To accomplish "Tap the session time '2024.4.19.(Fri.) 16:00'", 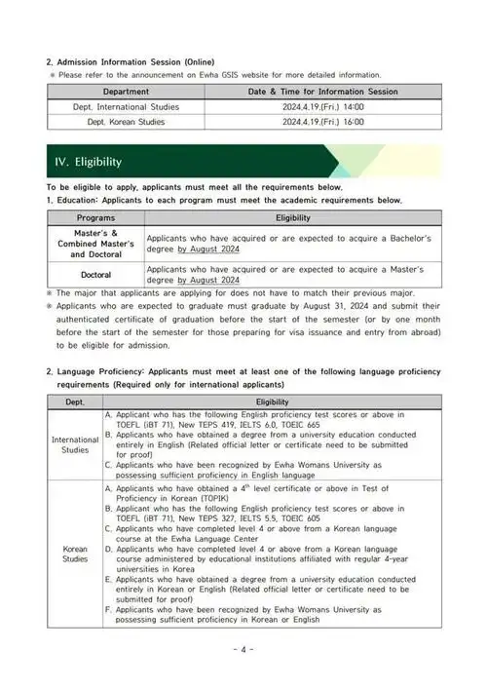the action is [310, 122].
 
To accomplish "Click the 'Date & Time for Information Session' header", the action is [310, 91].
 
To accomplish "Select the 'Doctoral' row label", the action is [95, 275].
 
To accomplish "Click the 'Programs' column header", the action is [95, 217].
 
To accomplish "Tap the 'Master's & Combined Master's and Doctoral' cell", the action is [95, 243].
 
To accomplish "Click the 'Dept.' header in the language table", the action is [75, 402].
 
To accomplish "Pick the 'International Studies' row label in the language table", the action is [75, 445].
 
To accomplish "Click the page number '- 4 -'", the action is [243, 649].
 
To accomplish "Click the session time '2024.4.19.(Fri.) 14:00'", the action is [310, 106].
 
